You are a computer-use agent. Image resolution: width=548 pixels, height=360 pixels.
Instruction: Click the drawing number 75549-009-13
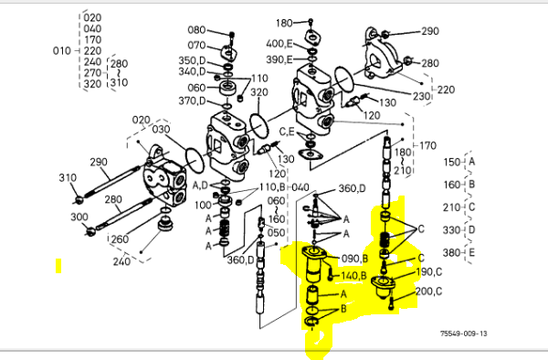click(463, 334)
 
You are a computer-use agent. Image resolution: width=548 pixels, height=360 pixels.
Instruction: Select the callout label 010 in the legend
click(62, 51)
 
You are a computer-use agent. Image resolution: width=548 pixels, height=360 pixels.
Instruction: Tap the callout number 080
click(196, 30)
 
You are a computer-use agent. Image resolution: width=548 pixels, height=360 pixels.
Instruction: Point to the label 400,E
click(279, 44)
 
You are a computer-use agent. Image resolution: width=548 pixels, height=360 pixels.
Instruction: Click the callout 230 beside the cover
click(421, 96)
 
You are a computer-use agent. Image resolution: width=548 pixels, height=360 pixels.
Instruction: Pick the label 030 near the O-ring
click(161, 130)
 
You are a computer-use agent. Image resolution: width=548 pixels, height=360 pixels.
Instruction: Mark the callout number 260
click(120, 239)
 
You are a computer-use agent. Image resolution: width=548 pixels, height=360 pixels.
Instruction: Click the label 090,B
click(354, 259)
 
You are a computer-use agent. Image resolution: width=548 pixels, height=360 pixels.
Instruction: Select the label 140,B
click(353, 276)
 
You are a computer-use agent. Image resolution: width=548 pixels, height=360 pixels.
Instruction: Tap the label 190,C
click(429, 272)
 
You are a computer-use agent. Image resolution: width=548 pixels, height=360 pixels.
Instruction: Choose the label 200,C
click(429, 291)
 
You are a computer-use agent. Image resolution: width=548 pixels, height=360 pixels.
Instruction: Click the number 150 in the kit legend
click(452, 162)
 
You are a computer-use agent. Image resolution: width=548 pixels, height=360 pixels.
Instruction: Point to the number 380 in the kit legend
click(452, 252)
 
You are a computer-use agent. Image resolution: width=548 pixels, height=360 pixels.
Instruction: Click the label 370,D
click(192, 101)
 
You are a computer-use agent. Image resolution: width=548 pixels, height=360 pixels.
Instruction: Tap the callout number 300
click(79, 217)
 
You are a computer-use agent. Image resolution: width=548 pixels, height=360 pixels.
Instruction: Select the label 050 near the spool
click(276, 232)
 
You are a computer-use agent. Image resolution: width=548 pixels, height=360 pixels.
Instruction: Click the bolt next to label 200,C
click(391, 302)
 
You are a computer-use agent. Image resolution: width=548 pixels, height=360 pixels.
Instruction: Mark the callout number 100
click(203, 205)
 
